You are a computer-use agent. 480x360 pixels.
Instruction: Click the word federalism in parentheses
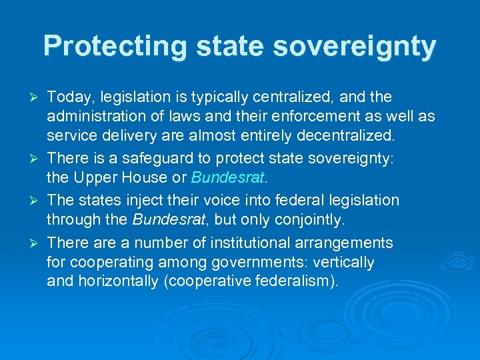295,281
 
